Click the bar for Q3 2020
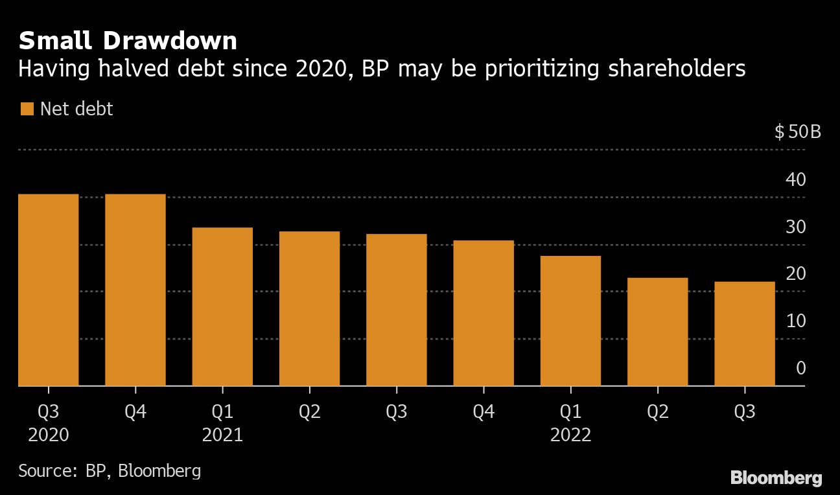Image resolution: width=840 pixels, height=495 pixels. tap(49, 290)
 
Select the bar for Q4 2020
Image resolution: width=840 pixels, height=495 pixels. tap(135, 290)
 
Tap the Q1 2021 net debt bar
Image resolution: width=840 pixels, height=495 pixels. tap(222, 306)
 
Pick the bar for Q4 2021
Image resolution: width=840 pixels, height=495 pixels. tap(484, 313)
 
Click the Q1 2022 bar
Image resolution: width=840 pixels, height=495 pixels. tap(570, 321)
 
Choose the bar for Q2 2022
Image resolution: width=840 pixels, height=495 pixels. tap(657, 332)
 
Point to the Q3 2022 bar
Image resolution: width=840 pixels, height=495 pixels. tap(744, 334)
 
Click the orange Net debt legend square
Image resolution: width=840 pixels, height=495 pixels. tap(27, 109)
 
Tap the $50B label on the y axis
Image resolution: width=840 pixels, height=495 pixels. tap(798, 132)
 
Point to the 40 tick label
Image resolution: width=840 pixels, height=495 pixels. tap(796, 179)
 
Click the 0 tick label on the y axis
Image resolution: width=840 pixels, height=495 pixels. tap(801, 368)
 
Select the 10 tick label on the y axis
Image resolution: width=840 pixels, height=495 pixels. tap(796, 321)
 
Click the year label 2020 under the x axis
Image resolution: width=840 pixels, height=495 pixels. tap(49, 435)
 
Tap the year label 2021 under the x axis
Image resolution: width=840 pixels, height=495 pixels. tap(222, 435)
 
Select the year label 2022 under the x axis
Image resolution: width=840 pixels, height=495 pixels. tap(570, 435)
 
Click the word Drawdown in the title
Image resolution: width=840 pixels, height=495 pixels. tap(170, 41)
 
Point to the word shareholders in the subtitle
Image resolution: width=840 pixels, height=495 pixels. tap(677, 69)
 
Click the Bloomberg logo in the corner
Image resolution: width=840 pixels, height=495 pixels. tap(776, 478)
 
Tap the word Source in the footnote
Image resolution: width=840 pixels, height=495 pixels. tap(47, 470)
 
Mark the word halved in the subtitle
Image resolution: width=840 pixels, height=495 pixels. tap(134, 69)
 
